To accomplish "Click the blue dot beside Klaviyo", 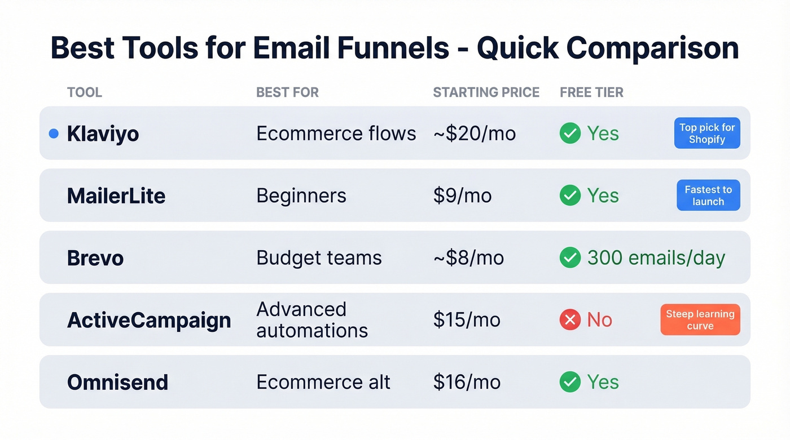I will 54,134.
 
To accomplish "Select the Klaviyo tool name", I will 103,134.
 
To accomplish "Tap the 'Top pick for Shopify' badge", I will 707,134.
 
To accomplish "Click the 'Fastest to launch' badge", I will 708,195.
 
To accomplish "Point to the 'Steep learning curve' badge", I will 700,320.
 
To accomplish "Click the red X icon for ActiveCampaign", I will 570,320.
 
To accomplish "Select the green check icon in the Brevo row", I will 570,258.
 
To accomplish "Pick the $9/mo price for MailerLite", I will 462,195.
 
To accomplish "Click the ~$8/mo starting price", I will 468,258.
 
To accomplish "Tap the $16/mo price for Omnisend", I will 467,382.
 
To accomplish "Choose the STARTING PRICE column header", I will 486,92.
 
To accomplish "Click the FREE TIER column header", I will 591,92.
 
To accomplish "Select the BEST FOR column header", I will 287,92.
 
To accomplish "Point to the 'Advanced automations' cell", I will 312,319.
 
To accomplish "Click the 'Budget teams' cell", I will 319,258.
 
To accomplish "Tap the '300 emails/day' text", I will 656,258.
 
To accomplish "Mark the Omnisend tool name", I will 117,383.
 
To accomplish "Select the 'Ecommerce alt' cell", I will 323,382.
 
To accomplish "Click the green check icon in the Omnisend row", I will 570,382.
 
